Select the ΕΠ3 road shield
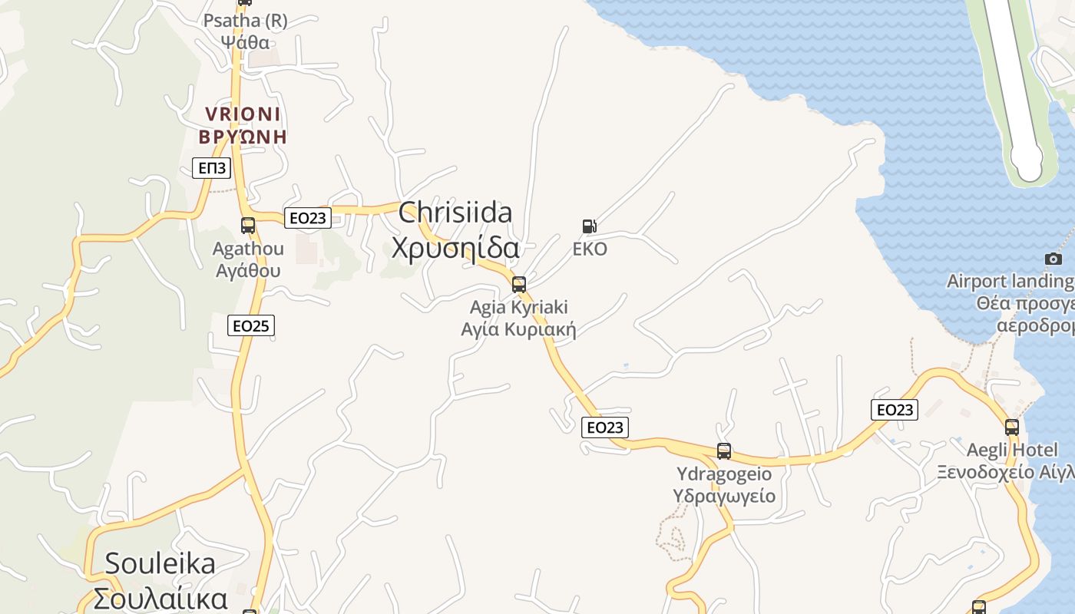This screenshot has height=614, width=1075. pos(211,168)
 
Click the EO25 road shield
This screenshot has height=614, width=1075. pos(251,325)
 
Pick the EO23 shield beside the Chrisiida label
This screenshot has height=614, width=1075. pos(307,218)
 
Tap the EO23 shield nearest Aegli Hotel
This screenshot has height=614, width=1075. pos(895,409)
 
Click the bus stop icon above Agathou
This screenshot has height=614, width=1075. pos(247,226)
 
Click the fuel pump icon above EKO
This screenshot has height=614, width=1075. pos(589,226)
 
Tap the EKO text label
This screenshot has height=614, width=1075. pos(590,249)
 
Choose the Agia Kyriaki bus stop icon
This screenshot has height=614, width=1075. pos(519,285)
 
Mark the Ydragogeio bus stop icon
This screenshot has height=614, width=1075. pos(723,451)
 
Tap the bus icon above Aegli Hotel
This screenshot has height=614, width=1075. pos(1012,427)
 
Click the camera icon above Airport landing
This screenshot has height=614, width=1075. pos(1053,259)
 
